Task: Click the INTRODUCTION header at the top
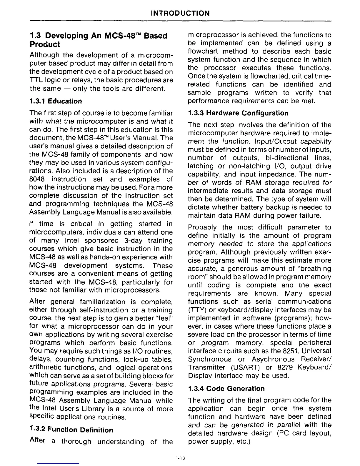pos(180,13)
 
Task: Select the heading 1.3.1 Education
pos(56,101)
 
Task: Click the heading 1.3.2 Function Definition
pos(71,430)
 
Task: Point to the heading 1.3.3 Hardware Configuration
pos(238,113)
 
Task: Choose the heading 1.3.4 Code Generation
pos(226,388)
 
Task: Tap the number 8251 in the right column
pos(290,351)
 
